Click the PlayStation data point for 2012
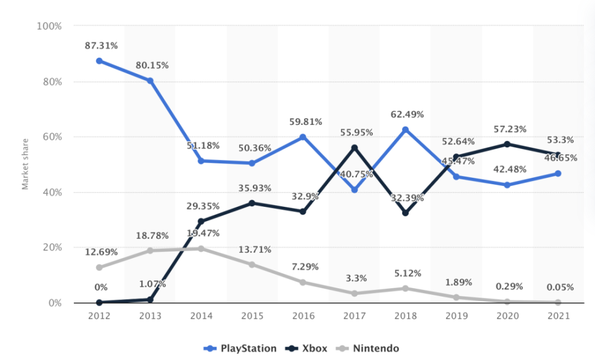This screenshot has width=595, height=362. coord(99,61)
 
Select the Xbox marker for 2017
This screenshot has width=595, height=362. coord(355,148)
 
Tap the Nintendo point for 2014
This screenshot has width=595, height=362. coord(201,248)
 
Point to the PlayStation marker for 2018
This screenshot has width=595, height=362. coord(405,130)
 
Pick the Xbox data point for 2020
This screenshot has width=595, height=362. coord(507,144)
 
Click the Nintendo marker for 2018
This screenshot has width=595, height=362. coord(405,288)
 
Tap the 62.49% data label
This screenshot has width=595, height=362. coord(406,111)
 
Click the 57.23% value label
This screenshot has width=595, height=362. coord(508,128)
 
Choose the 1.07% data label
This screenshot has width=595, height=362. coord(151,284)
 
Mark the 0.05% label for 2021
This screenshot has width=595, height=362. coord(559,287)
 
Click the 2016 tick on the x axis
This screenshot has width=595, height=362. coord(303,316)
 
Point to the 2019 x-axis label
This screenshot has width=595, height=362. coord(456,316)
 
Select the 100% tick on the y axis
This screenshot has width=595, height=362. coord(49,26)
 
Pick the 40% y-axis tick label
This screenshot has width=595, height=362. coord(52,193)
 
